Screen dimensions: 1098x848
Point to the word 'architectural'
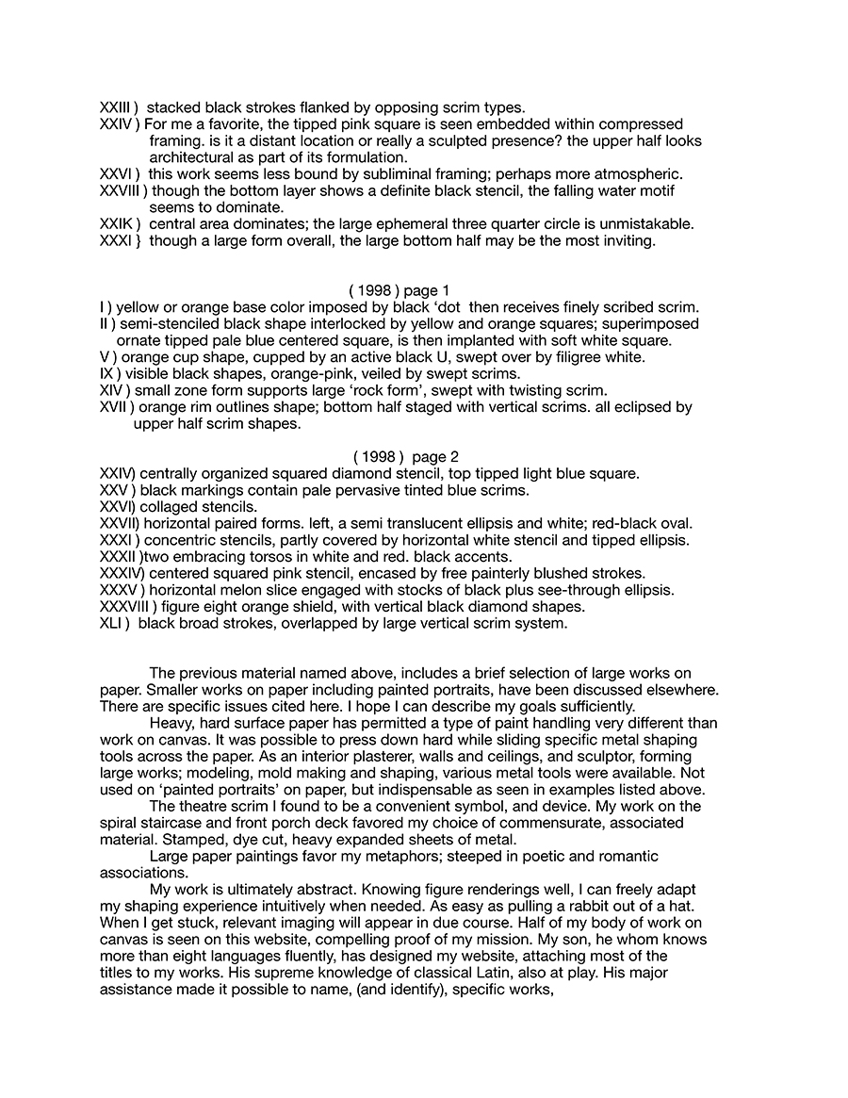(192, 157)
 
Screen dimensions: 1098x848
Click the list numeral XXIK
(117, 224)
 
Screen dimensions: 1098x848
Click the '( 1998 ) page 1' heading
(400, 290)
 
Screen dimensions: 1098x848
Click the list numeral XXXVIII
(131, 607)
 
